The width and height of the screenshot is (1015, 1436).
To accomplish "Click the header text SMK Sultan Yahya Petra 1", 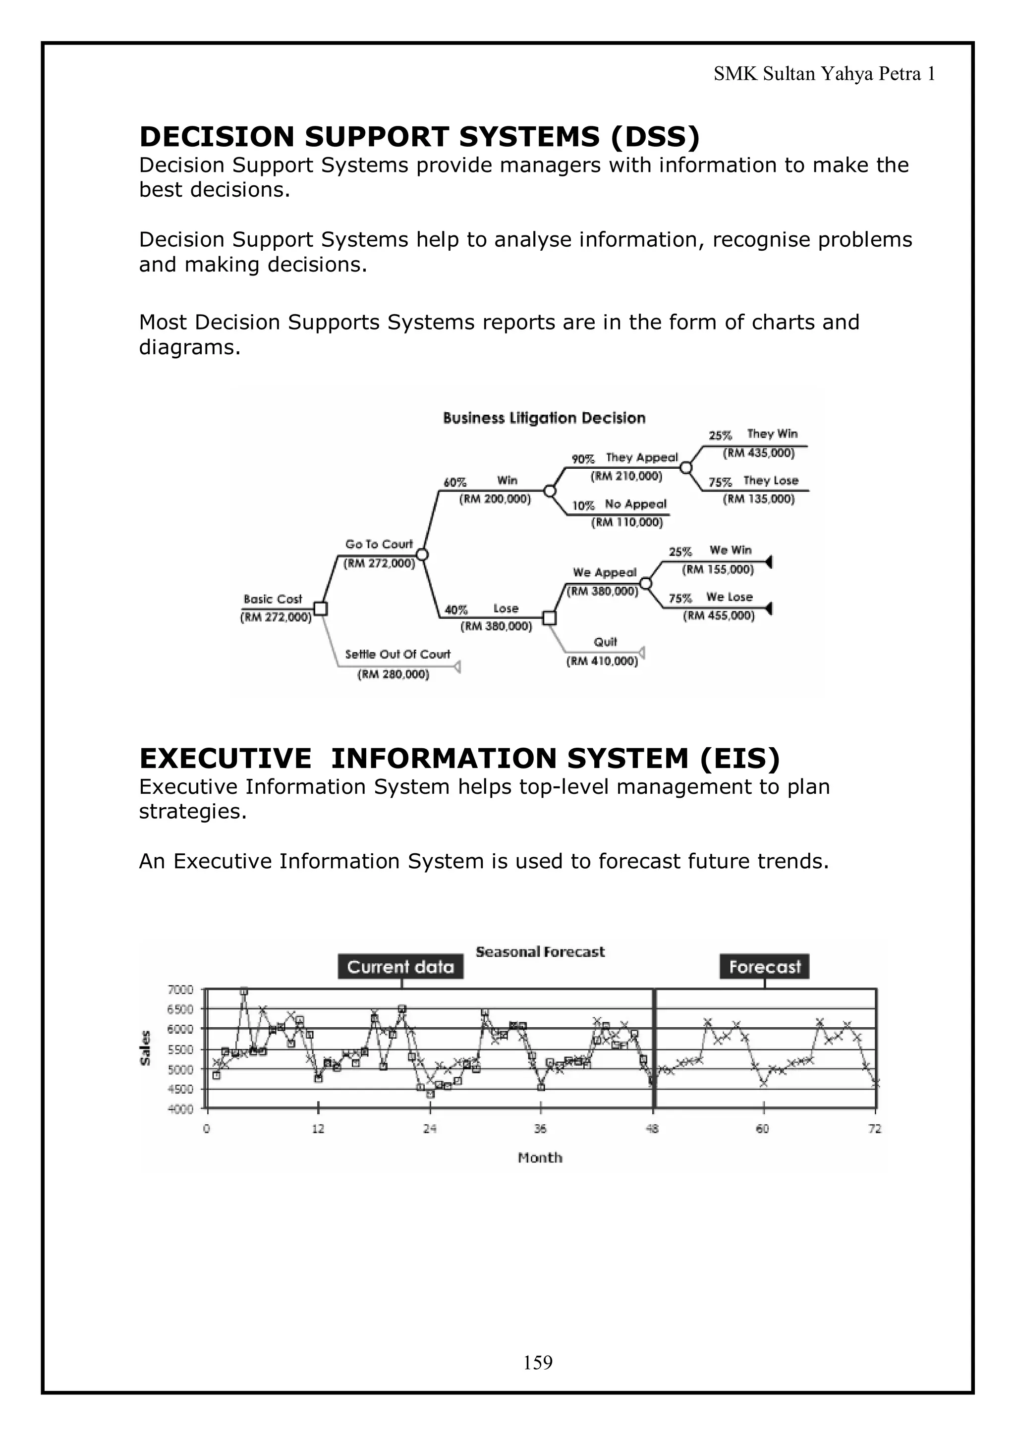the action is point(824,74).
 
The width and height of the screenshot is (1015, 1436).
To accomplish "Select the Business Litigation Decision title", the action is point(544,418).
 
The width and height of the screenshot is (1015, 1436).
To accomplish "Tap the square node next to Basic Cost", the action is point(320,608).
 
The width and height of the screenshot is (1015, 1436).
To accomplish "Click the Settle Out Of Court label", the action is point(398,654).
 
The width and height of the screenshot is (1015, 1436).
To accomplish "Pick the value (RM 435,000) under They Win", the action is point(759,453).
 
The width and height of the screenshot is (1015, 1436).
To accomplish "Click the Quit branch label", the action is point(605,642).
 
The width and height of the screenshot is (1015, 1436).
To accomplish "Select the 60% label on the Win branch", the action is point(455,482).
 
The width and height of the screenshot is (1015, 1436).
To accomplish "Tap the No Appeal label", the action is point(635,504).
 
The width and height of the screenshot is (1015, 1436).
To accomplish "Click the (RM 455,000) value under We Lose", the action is point(719,615).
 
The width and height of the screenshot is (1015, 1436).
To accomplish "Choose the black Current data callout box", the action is point(400,967).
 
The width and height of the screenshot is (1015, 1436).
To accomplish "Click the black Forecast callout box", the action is point(764,967).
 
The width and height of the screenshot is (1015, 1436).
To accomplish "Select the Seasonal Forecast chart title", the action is point(540,952).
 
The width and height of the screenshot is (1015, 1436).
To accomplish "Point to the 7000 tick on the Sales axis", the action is point(181,990).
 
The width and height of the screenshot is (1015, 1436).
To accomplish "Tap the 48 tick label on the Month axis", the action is point(652,1129).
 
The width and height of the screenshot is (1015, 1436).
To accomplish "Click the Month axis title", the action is point(540,1158).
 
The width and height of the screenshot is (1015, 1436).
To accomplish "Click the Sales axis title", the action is point(146,1048).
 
